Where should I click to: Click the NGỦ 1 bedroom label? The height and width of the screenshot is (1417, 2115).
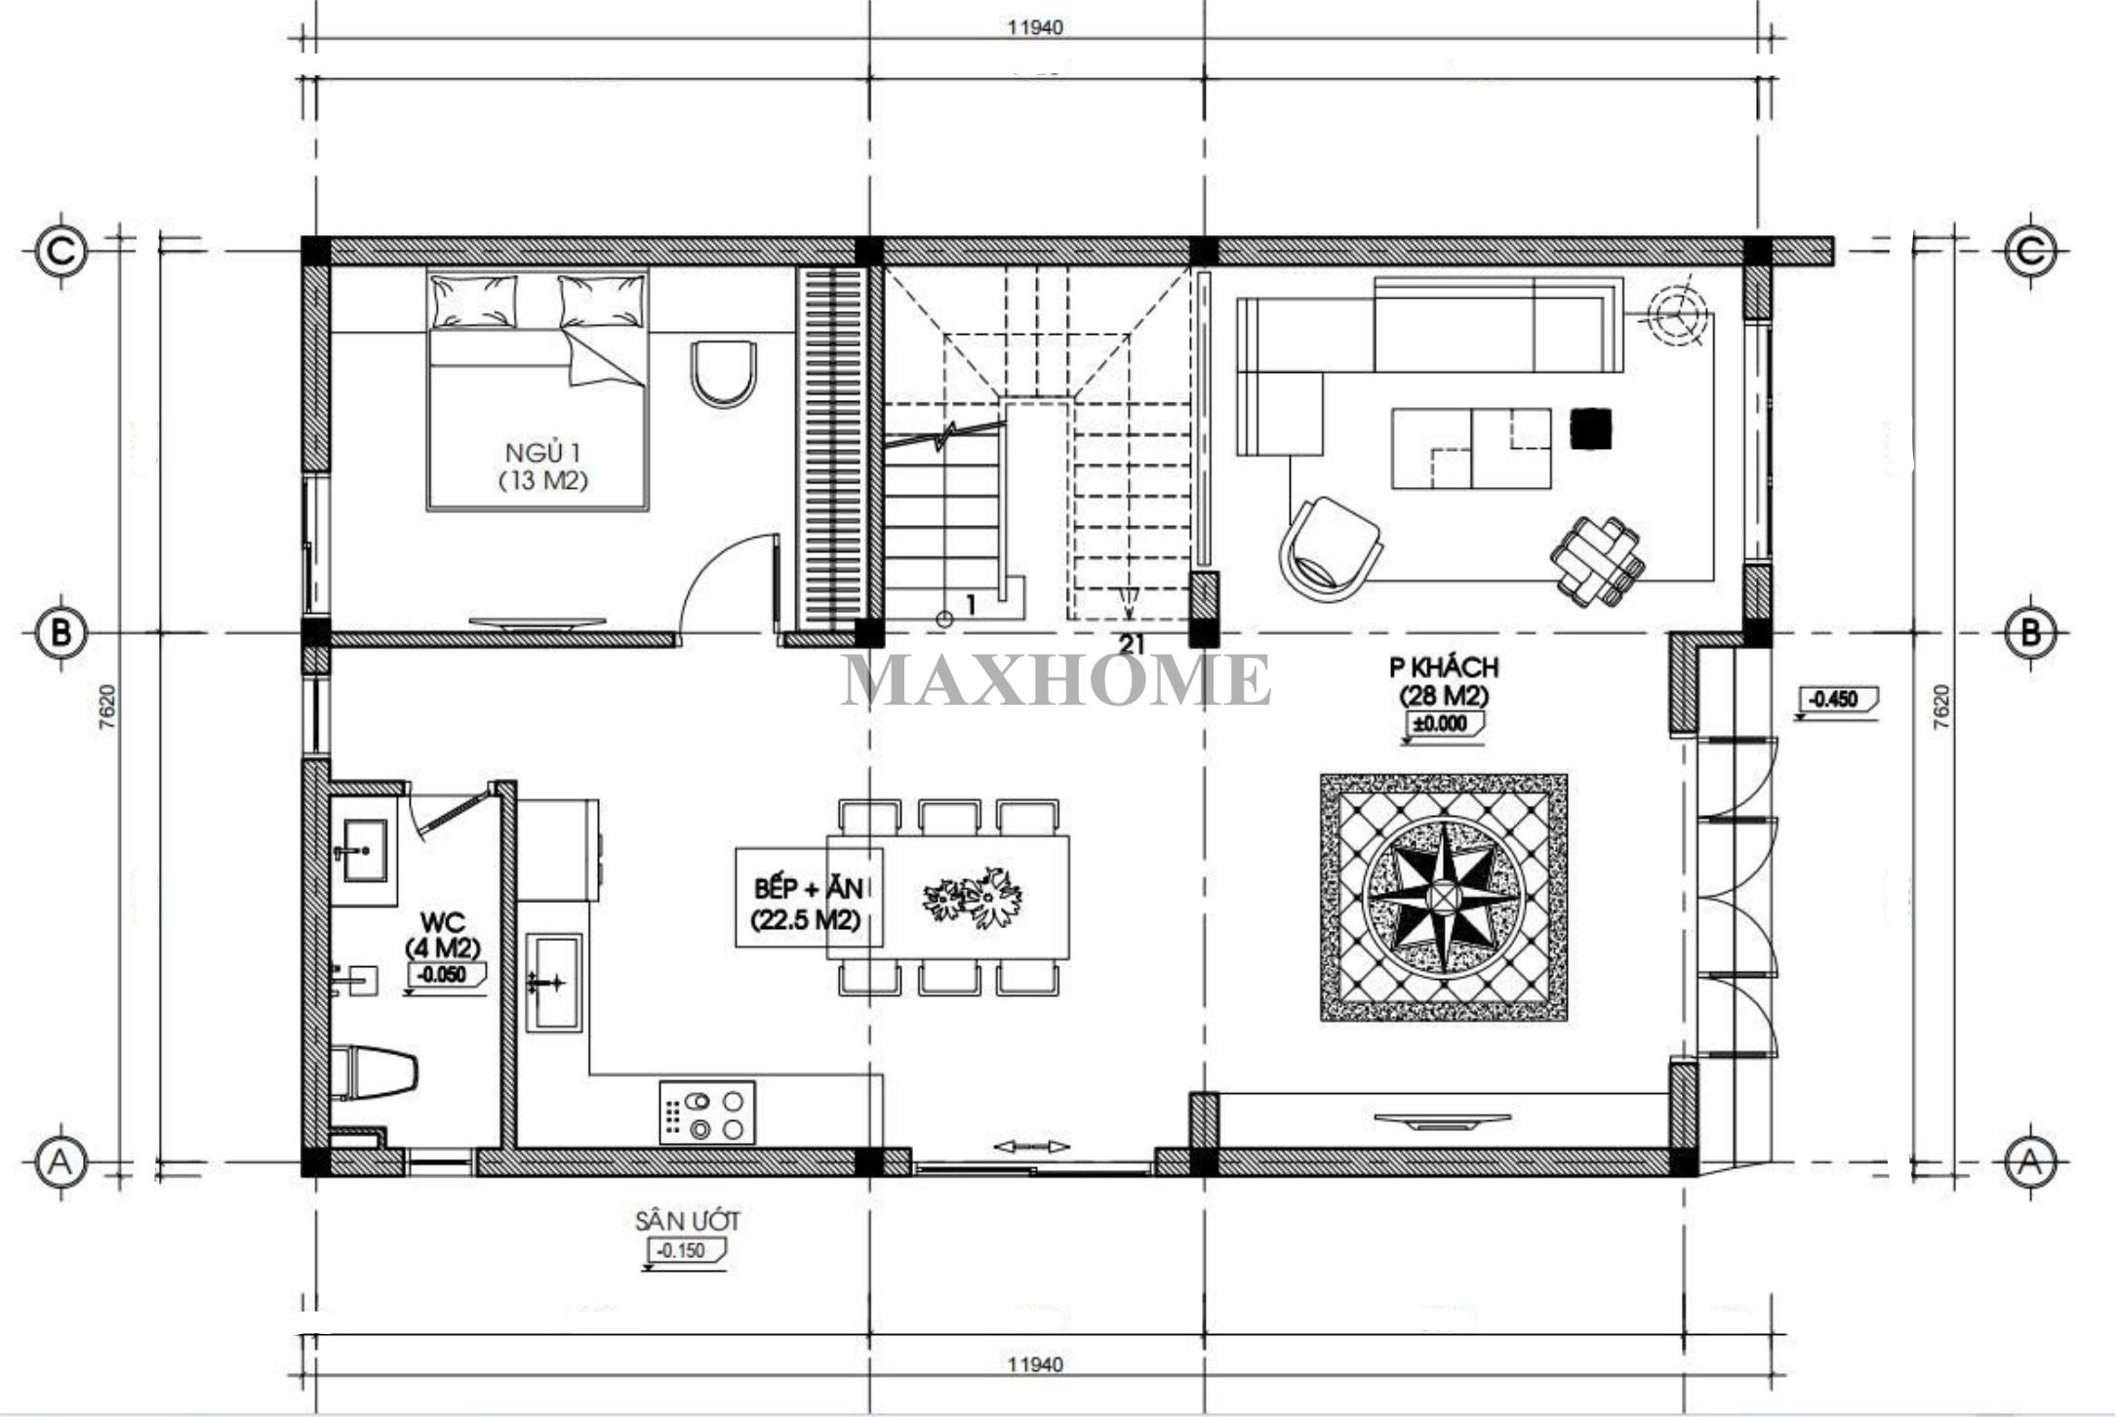(x=543, y=453)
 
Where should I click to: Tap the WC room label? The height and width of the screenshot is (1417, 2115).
(x=442, y=922)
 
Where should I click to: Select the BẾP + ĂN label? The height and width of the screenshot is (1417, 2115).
(x=809, y=888)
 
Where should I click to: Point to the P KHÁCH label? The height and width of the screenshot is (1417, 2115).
(x=1444, y=668)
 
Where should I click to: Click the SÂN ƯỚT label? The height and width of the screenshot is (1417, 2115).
(x=688, y=1221)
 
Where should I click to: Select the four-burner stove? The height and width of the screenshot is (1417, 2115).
(x=707, y=1113)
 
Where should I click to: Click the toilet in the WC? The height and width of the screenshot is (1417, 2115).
(x=375, y=1073)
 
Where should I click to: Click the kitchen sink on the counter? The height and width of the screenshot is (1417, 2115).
(x=554, y=982)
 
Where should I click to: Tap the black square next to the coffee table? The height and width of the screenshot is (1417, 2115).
(x=1590, y=428)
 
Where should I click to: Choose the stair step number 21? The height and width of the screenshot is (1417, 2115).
(x=1132, y=645)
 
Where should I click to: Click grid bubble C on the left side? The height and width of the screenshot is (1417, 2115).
(x=61, y=252)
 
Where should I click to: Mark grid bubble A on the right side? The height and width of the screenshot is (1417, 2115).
(x=2030, y=1162)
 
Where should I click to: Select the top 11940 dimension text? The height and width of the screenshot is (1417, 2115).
(x=1035, y=27)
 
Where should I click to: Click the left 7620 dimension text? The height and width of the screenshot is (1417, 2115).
(x=107, y=706)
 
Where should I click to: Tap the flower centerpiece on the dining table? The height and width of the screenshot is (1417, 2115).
(x=973, y=897)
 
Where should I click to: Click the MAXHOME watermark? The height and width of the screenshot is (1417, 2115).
(x=1057, y=679)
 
